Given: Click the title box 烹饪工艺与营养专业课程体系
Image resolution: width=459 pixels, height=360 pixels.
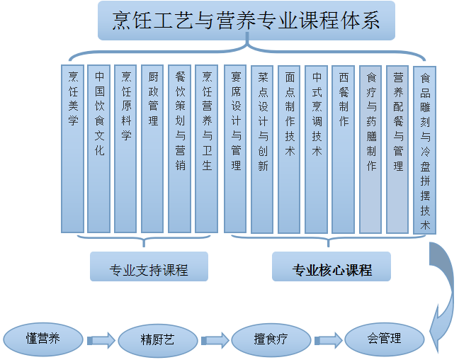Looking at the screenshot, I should pyautogui.click(x=246, y=20).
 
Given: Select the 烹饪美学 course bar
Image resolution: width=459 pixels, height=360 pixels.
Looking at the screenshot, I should pyautogui.click(x=72, y=149).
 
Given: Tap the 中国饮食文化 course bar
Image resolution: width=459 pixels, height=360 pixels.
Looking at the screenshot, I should pyautogui.click(x=99, y=149).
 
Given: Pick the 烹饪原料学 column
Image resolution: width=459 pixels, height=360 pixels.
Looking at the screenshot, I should pyautogui.click(x=125, y=149).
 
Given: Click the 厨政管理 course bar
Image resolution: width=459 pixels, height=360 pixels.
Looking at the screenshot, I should pyautogui.click(x=152, y=149).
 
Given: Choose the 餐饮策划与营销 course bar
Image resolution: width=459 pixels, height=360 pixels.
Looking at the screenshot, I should pyautogui.click(x=179, y=149).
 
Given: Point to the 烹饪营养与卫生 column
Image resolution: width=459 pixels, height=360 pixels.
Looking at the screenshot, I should pyautogui.click(x=206, y=149).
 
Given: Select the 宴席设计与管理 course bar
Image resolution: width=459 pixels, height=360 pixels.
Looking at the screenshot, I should pyautogui.click(x=235, y=149).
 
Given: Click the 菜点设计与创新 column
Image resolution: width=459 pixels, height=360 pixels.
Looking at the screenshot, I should pyautogui.click(x=262, y=149).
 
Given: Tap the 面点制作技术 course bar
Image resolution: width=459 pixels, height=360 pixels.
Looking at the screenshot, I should pyautogui.click(x=289, y=149).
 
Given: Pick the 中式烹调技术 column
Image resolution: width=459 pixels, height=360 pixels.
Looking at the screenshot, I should pyautogui.click(x=316, y=149).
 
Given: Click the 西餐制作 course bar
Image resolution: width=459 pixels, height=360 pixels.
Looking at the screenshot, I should pyautogui.click(x=343, y=149).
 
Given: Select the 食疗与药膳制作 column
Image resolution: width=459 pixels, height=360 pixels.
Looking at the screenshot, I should pyautogui.click(x=370, y=149).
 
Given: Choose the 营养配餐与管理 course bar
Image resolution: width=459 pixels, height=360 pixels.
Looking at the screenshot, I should pyautogui.click(x=397, y=149).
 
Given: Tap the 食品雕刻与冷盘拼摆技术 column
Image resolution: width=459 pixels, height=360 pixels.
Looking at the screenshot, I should pyautogui.click(x=424, y=149).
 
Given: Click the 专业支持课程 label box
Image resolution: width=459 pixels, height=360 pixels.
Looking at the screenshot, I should pyautogui.click(x=149, y=267).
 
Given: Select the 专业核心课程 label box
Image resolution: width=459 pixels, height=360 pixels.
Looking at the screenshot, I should pyautogui.click(x=331, y=268).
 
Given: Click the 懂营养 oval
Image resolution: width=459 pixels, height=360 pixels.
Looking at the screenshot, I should pyautogui.click(x=43, y=338).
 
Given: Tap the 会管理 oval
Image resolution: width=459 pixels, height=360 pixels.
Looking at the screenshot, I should pyautogui.click(x=384, y=339).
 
